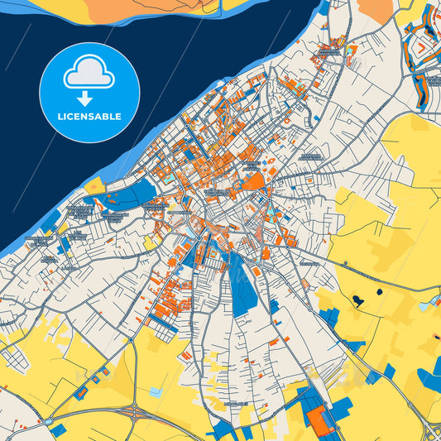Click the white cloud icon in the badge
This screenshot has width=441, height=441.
pyautogui.click(x=89, y=74)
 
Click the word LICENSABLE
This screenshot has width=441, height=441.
pyautogui.click(x=89, y=117)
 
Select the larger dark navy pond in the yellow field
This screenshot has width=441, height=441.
pyautogui.click(x=358, y=299)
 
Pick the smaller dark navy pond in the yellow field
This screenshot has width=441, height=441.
pyautogui.click(x=379, y=291)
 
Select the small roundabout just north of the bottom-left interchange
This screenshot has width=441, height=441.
pyautogui.click(x=131, y=338)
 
